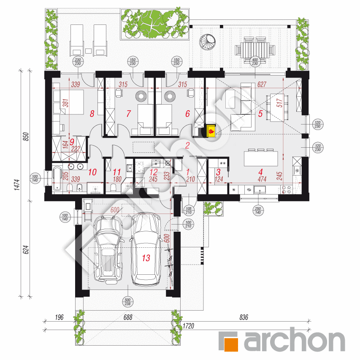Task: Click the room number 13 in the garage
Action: click(146, 257)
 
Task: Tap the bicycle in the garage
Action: click(171, 266)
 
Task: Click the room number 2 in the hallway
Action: click(187, 146)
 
